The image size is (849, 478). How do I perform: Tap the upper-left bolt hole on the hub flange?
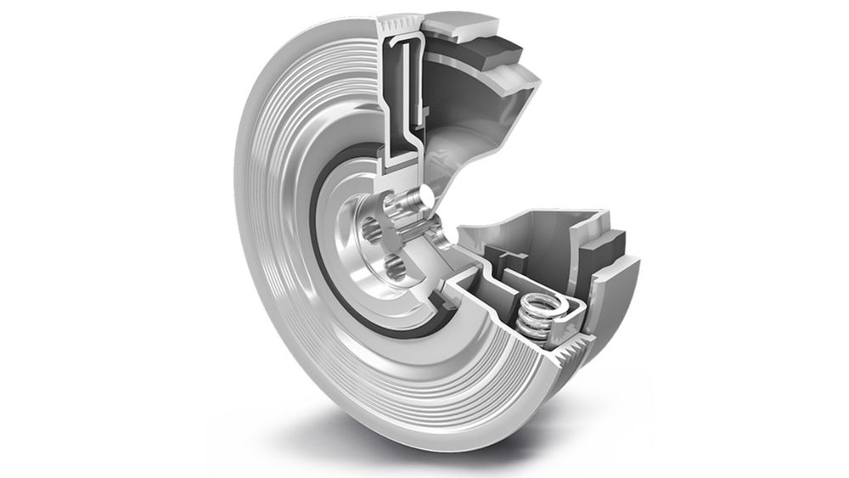click(x=372, y=228)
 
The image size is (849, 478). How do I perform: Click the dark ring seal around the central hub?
click(x=323, y=255)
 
